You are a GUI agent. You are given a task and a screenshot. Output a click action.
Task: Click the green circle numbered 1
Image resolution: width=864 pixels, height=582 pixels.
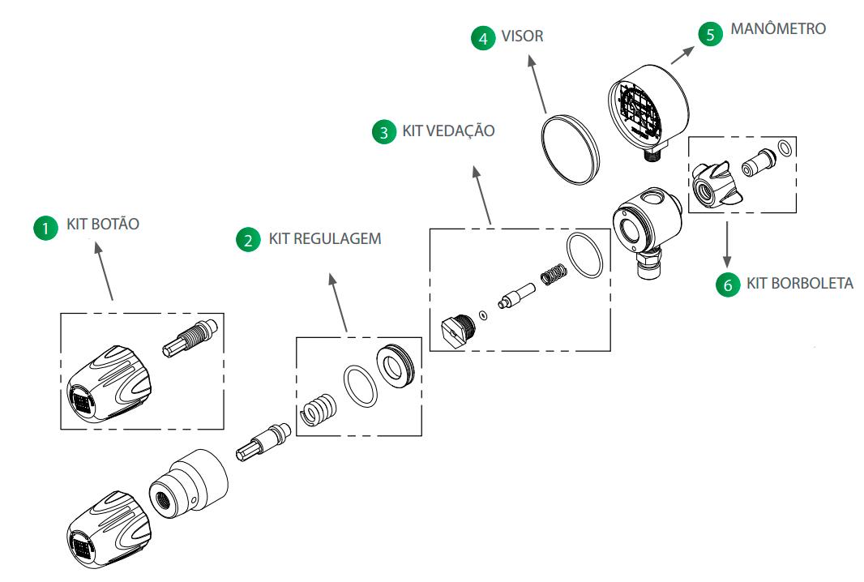click(45, 229)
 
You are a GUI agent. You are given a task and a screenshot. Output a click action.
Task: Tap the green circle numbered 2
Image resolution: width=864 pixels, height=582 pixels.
click(247, 240)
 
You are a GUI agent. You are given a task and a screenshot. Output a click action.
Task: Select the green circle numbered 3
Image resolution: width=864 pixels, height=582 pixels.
click(383, 132)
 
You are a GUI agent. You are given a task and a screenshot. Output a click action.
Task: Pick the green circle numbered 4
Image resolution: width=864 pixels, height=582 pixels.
click(484, 37)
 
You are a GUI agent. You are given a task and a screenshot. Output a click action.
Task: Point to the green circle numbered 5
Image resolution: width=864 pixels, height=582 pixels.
click(710, 34)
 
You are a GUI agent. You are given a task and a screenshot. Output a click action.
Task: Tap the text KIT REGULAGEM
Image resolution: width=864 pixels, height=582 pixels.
click(324, 240)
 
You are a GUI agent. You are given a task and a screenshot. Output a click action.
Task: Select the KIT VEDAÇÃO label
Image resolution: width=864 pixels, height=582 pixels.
click(448, 131)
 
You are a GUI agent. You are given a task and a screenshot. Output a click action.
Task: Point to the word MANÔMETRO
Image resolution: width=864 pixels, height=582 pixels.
click(778, 29)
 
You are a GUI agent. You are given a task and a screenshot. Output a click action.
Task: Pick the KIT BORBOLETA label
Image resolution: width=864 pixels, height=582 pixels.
click(799, 284)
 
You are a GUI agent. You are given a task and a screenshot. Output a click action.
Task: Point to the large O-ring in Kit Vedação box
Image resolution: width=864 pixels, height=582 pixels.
click(584, 256)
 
